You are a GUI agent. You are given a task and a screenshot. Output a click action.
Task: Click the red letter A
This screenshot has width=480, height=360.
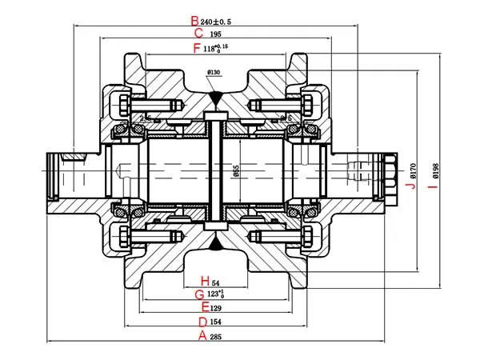[203, 336]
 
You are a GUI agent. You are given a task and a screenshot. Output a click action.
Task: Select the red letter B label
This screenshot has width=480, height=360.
[194, 21]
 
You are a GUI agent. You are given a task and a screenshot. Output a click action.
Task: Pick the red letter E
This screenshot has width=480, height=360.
[206, 307]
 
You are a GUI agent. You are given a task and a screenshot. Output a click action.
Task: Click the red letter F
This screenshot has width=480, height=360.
[198, 49]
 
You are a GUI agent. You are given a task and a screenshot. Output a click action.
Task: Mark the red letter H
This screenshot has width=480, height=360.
[205, 282]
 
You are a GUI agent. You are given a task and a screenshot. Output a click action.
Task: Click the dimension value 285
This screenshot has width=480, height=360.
[216, 337]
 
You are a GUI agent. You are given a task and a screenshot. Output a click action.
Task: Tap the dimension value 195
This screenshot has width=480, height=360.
[216, 35]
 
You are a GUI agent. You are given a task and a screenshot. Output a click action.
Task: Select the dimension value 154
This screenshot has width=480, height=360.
[216, 322]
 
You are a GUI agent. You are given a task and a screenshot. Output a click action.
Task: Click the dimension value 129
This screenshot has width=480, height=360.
[216, 308]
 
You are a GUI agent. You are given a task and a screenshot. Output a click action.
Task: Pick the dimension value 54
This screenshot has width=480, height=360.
[214, 282]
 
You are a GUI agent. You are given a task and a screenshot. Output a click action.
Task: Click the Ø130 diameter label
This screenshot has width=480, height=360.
[214, 74]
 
